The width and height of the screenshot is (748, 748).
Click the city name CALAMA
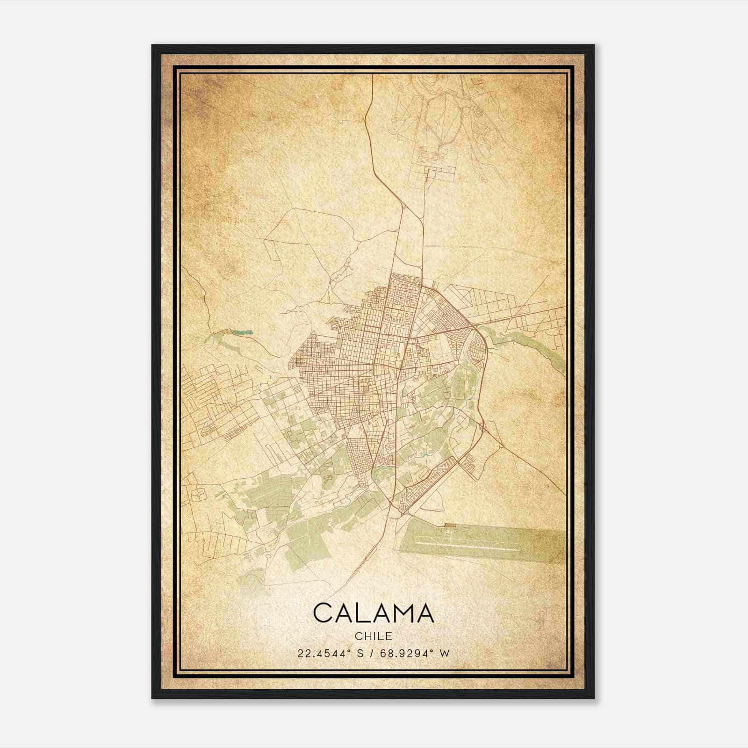[x=374, y=613]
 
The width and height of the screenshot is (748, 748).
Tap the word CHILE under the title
[x=374, y=636]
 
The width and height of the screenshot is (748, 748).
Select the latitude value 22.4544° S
[x=329, y=654]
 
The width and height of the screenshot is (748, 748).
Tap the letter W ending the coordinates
[x=445, y=654]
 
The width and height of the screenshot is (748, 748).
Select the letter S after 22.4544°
[x=359, y=654]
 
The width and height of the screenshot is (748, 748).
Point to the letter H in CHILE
[x=365, y=636]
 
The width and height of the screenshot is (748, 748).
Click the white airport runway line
[x=467, y=542]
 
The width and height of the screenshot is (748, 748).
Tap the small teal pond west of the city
[x=244, y=333]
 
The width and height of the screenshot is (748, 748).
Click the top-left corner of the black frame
[x=152, y=45]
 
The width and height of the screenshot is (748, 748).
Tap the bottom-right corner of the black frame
[x=593, y=698]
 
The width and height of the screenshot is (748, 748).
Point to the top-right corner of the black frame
[x=593, y=45]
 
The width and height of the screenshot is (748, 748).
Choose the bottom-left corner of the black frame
[x=152, y=698]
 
